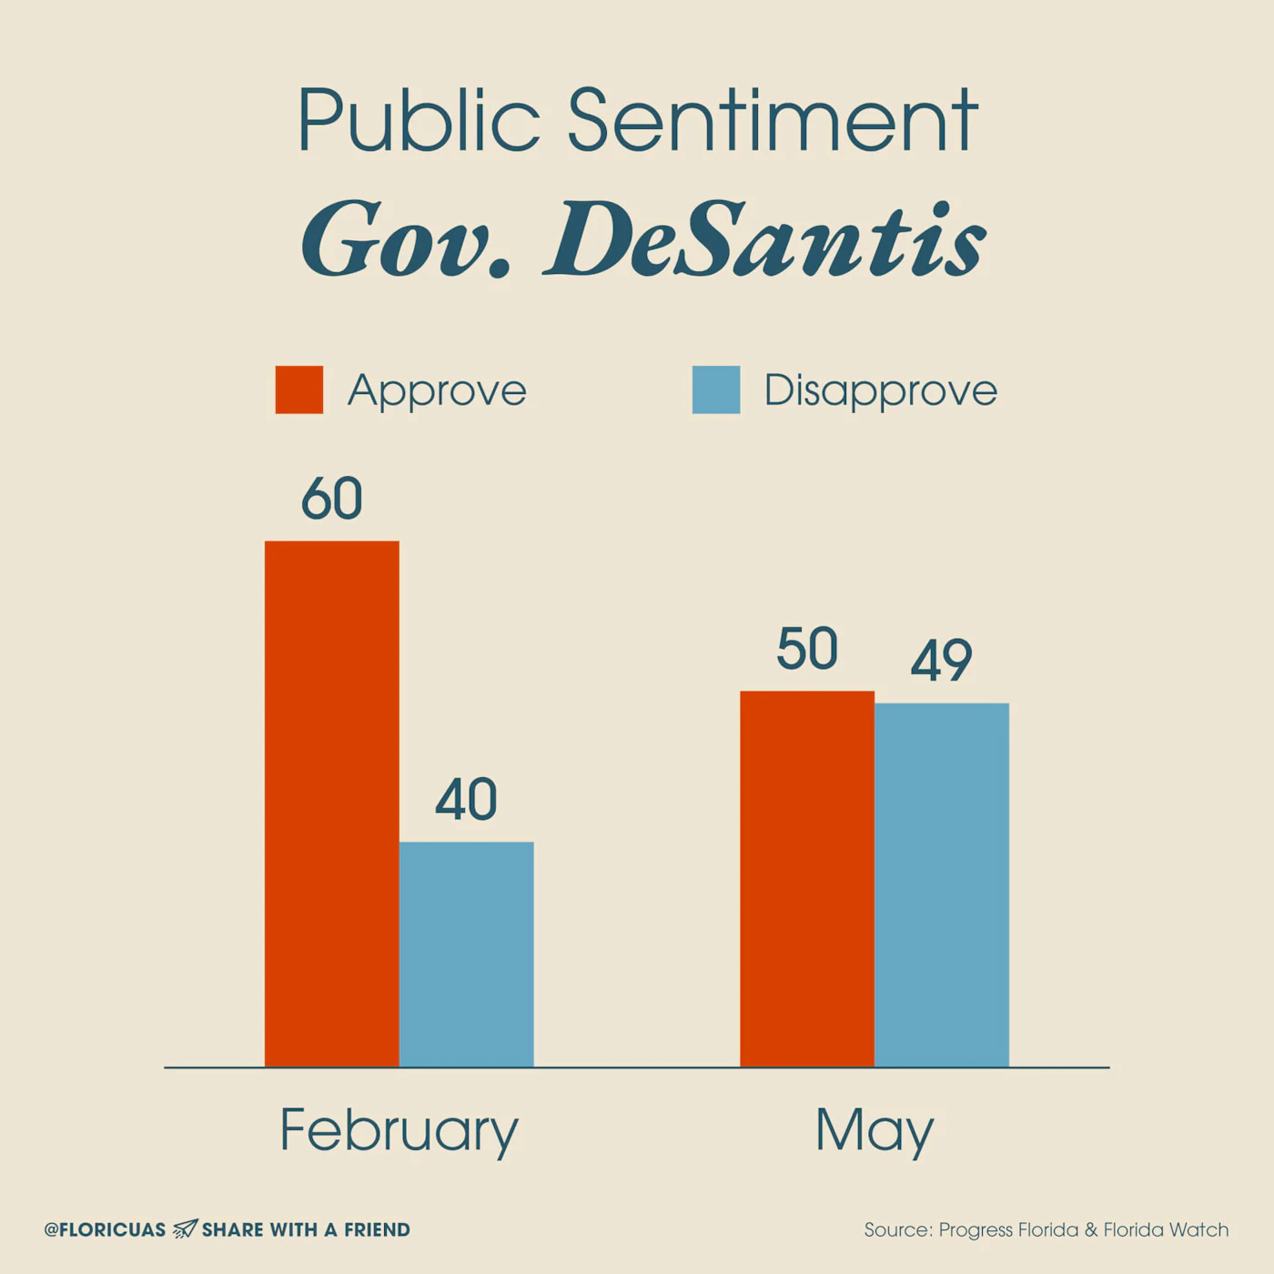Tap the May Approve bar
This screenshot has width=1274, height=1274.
806,878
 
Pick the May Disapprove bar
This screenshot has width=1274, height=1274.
941,884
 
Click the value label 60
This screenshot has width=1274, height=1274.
331,499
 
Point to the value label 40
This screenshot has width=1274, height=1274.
466,800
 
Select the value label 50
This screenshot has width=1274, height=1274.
806,650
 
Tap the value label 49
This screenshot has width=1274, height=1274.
941,661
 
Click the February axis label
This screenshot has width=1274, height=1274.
399,1130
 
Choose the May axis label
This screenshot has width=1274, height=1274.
874,1131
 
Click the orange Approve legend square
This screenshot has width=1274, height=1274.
299,390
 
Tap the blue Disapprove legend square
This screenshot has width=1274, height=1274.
716,390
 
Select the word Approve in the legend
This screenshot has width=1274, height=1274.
437,391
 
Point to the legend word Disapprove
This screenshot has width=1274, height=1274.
880,391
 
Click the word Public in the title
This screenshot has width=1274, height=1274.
419,121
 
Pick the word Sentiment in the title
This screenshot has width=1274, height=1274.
773,121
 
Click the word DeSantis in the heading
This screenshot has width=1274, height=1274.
765,240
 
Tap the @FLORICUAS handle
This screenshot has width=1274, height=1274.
105,1230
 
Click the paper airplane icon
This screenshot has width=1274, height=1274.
185,1228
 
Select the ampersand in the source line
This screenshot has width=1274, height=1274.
1091,1230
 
